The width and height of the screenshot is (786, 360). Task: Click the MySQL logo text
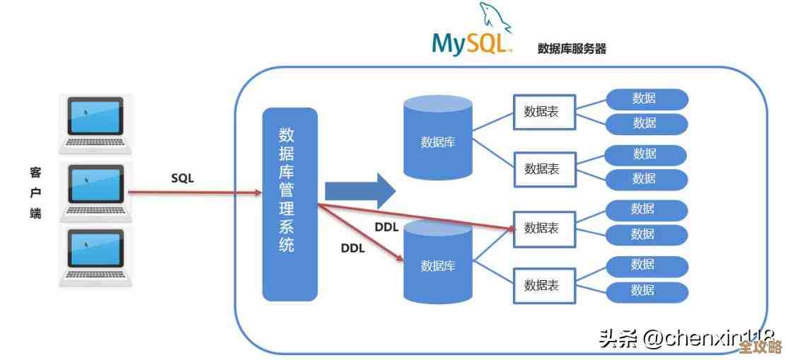click(x=470, y=43)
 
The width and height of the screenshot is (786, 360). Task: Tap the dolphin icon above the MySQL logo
click(x=495, y=18)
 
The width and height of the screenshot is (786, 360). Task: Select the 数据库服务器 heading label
click(x=572, y=48)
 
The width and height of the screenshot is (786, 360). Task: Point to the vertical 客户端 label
click(x=35, y=193)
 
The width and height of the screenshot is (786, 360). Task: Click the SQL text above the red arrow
click(x=182, y=178)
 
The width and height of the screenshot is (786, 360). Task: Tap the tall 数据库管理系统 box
click(x=289, y=204)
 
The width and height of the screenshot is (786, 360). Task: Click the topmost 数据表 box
click(x=544, y=112)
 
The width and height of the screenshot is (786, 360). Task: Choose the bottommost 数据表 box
click(x=544, y=285)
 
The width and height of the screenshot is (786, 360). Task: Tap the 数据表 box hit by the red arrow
click(x=544, y=228)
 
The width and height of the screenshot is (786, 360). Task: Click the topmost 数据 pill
click(x=646, y=99)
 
